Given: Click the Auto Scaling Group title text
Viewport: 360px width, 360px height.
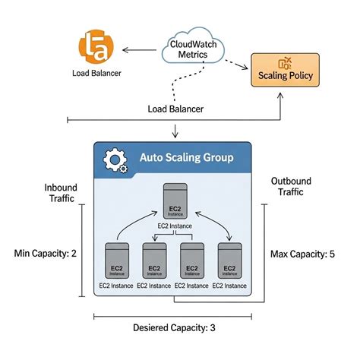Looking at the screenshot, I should [x=186, y=159].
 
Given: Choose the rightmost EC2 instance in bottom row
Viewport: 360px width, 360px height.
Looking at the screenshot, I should [x=228, y=263].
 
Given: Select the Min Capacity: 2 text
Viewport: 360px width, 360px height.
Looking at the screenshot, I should [x=46, y=253].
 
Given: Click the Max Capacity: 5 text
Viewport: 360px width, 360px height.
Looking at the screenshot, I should [x=302, y=253].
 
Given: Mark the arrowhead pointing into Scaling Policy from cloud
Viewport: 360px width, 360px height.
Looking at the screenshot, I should [x=249, y=68].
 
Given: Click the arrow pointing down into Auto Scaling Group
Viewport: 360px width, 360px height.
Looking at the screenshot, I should [x=175, y=134].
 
